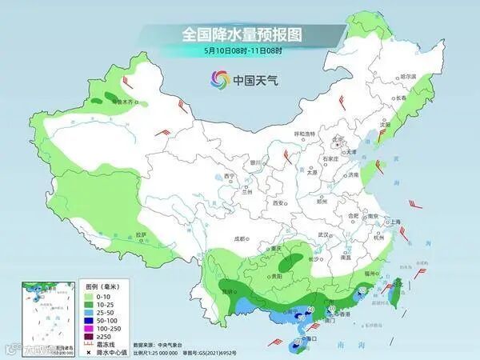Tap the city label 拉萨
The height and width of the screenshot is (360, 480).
click(x=142, y=234)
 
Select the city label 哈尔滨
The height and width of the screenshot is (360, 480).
click(x=408, y=76)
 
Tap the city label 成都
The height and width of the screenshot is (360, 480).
click(x=240, y=238)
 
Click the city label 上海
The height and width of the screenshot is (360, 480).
click(x=393, y=222)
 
